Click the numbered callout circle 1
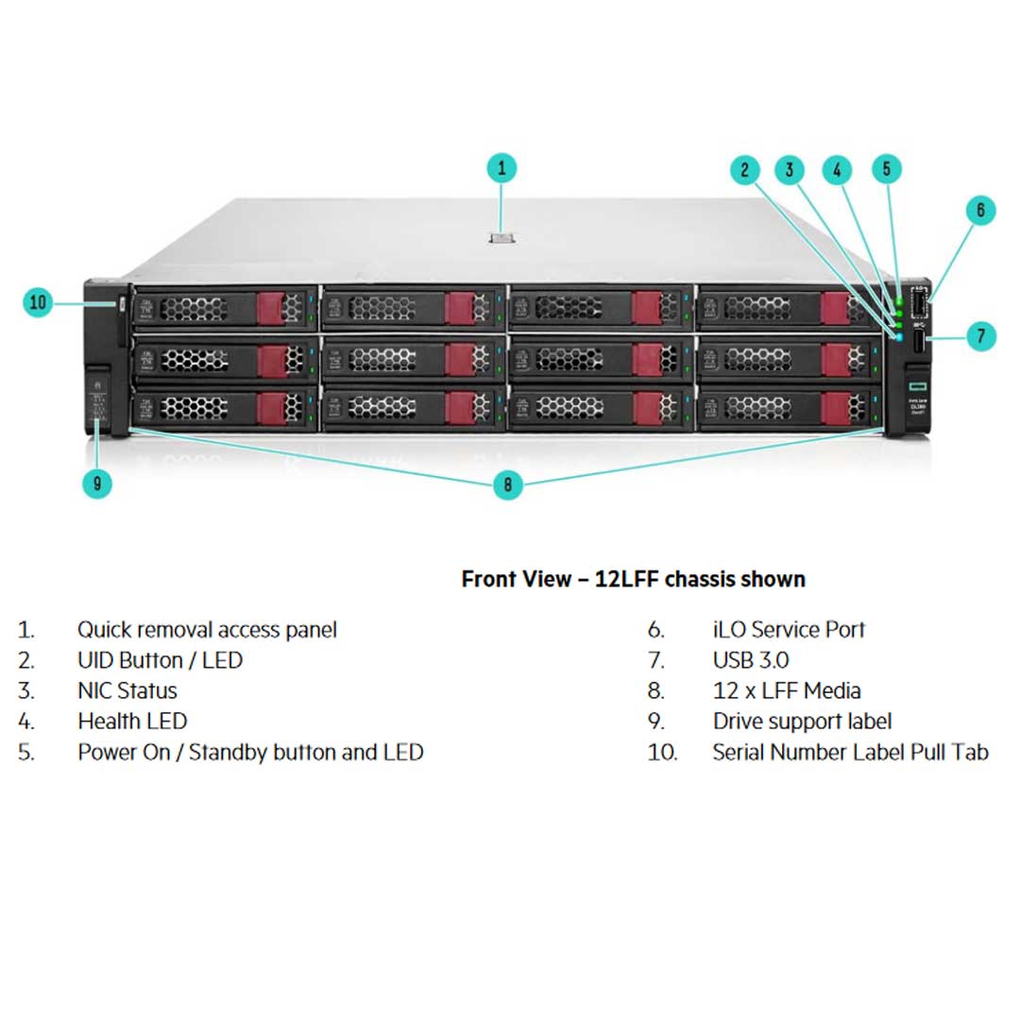(501, 169)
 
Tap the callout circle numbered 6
(979, 210)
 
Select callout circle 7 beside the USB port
(980, 334)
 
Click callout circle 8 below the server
(507, 484)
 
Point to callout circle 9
(96, 484)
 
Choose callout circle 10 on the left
(38, 303)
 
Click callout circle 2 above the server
(745, 170)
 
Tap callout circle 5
(886, 169)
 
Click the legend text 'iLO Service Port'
(789, 630)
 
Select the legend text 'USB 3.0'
(750, 660)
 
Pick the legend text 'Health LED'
(132, 722)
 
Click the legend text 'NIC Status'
(127, 691)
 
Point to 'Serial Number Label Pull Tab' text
(850, 753)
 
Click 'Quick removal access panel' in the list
(206, 630)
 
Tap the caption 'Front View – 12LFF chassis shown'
(633, 579)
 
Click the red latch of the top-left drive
(272, 308)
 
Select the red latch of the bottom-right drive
(836, 408)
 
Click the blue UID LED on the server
(898, 337)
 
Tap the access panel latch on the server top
(501, 237)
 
